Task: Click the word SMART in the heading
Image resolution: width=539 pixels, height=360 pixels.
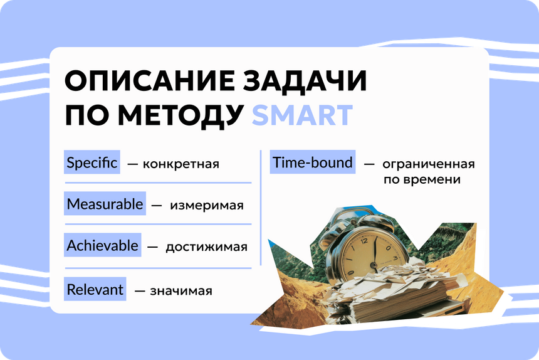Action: [303, 115]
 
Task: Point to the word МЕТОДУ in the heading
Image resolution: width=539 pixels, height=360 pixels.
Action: [181, 116]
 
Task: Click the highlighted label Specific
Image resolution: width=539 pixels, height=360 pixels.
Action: [92, 162]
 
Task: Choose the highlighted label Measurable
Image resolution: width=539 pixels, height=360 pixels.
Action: [105, 204]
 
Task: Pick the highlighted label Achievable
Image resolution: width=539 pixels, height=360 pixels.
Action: [102, 245]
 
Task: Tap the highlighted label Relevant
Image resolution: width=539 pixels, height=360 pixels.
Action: [95, 289]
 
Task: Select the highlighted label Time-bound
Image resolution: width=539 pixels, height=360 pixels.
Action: [313, 162]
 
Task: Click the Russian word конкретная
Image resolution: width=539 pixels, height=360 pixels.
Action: [181, 164]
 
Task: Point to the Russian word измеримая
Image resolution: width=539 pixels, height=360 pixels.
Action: [207, 206]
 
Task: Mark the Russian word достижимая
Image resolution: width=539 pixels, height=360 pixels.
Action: [207, 247]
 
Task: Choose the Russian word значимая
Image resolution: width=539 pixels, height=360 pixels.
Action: [181, 291]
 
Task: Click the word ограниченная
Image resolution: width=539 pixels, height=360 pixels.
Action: [429, 164]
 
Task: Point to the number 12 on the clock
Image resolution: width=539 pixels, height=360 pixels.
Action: [364, 241]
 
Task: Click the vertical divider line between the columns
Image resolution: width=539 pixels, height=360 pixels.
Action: [261, 208]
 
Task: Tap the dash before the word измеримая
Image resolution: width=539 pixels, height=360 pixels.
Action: [157, 206]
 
